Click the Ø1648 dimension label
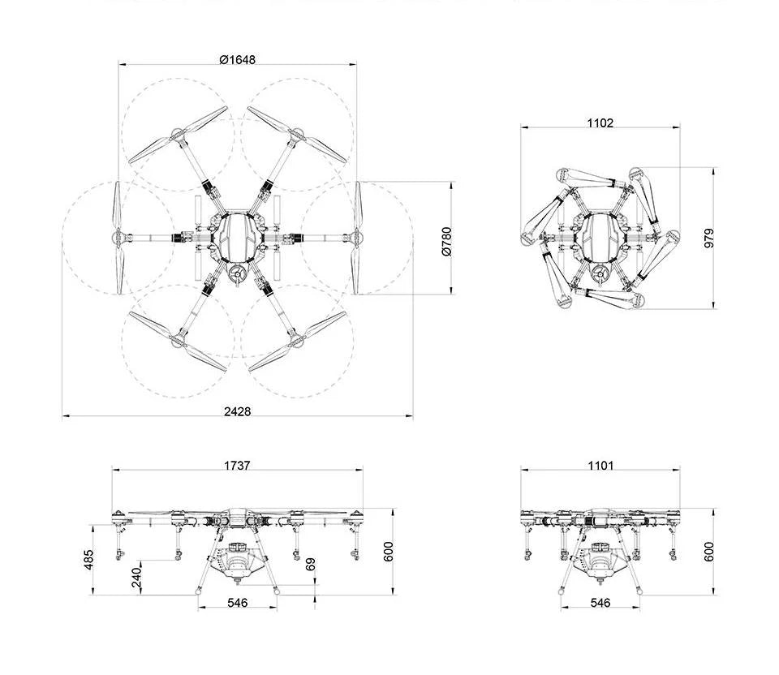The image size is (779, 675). pos(238,59)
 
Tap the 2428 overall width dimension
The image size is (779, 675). pos(238,411)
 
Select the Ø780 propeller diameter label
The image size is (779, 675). pos(447,242)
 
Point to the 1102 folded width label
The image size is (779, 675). pos(600,123)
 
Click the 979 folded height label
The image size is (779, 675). pos(709,239)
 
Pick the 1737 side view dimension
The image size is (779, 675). pos(237,466)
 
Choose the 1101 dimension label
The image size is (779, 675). pos(600,466)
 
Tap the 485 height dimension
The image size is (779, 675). pos(88,559)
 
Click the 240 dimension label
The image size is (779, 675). pos(136,578)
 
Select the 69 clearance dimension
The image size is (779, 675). pos(311,564)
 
